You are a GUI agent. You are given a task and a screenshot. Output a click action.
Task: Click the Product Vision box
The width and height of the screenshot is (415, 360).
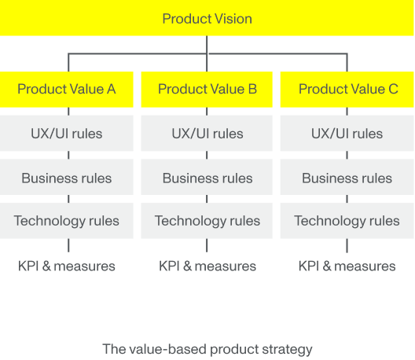pos(207,18)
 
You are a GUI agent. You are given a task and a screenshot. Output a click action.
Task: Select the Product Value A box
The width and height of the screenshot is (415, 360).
pos(67,90)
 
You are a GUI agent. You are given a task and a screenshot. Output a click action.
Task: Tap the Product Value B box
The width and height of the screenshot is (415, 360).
pos(207,90)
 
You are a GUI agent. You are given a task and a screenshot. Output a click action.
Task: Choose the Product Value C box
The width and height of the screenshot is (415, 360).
pos(347,90)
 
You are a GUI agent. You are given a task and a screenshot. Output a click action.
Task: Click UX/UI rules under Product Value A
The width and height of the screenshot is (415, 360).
pos(67,133)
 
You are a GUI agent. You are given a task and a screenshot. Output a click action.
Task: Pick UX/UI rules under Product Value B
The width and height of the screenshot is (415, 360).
pos(207,133)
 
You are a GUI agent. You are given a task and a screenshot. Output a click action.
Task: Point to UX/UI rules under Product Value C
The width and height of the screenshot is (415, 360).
pos(347,133)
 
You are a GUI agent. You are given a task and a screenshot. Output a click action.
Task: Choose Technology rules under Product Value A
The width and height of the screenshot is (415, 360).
pos(67,221)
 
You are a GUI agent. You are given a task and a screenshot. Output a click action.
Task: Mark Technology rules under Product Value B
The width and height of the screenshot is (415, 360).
pos(207,221)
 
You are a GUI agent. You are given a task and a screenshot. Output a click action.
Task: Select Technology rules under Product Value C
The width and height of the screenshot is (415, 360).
pos(347,221)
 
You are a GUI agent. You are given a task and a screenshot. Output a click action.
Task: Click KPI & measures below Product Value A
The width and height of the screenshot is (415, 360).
pos(67,266)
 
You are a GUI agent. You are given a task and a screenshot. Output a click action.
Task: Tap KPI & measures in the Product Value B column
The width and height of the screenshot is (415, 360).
pos(207,266)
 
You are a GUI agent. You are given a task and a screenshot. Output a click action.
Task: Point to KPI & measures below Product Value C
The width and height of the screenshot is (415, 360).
pos(347,266)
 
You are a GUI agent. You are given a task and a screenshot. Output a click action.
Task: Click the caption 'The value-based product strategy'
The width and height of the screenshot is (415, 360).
pos(207,350)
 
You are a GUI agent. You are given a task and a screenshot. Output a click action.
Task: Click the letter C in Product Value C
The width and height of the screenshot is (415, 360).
pos(393,89)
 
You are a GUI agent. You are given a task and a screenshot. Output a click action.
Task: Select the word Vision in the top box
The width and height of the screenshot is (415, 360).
pos(233,19)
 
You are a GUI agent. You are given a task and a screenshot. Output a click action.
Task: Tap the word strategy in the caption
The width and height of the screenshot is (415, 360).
pos(287,350)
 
